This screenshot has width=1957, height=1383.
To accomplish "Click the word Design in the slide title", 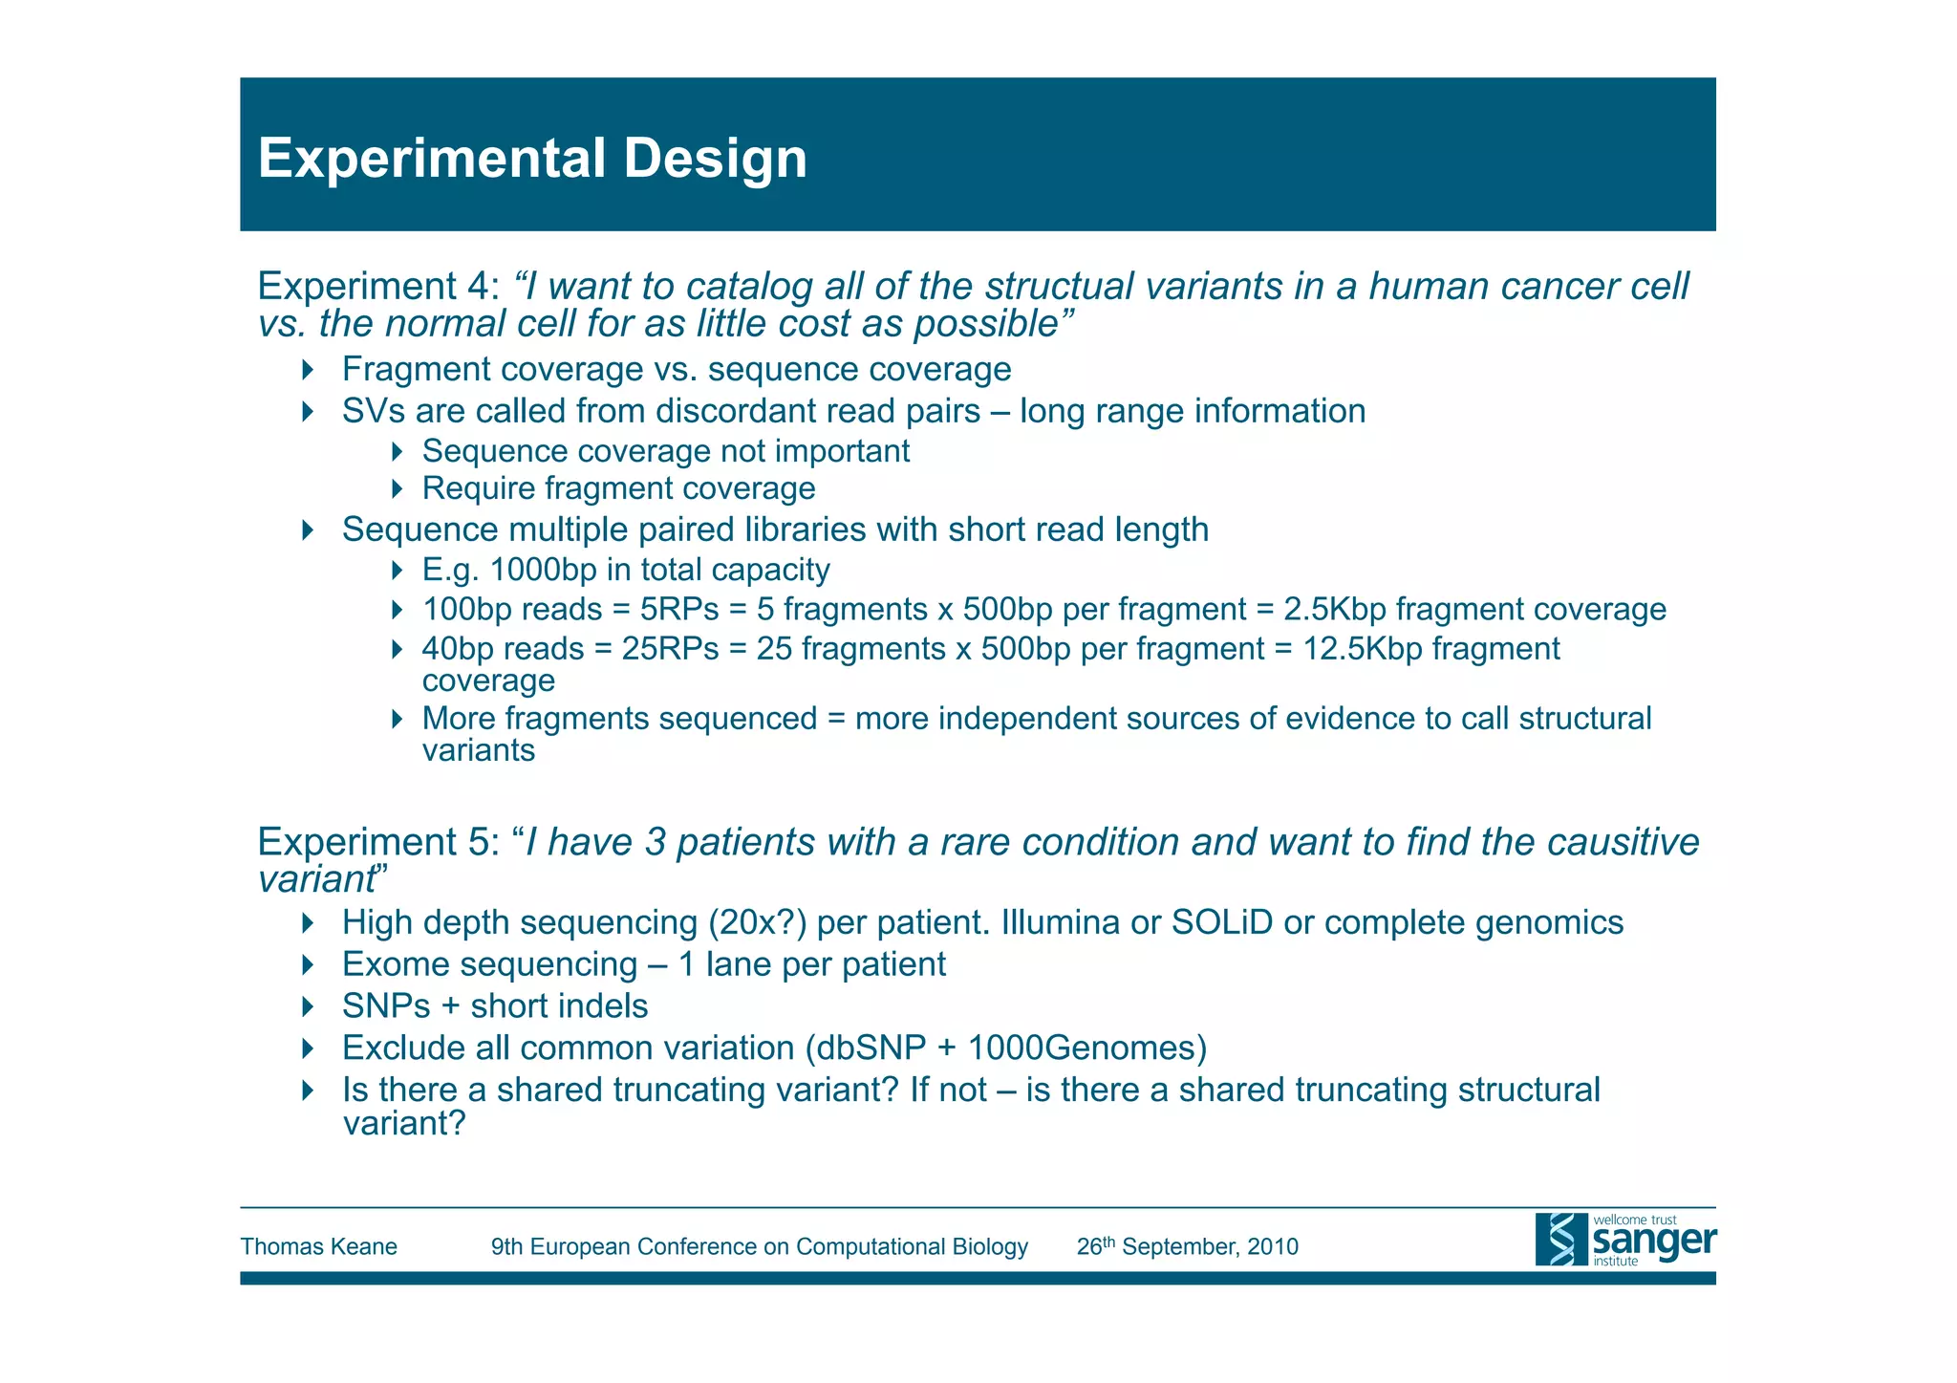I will [x=715, y=159].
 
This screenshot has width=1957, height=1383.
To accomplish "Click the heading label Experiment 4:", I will [x=378, y=287].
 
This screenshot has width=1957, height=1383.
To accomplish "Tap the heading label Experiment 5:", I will [x=378, y=842].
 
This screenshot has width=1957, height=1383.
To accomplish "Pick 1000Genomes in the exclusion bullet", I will [x=1086, y=1048].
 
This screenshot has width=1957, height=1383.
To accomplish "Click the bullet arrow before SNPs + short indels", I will [x=307, y=1006].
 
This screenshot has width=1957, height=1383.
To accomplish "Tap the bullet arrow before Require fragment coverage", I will [x=398, y=488].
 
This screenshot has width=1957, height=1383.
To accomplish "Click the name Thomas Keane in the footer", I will [x=318, y=1246].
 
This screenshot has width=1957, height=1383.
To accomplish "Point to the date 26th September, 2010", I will [x=1187, y=1246].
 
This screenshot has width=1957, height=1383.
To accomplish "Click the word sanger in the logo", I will [x=1654, y=1242].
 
